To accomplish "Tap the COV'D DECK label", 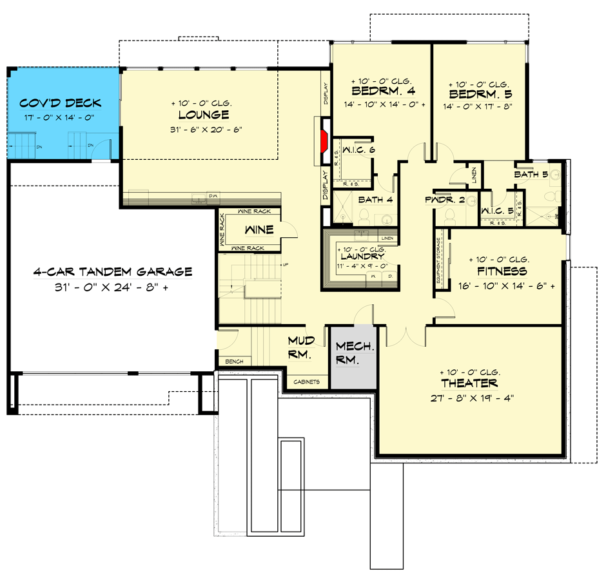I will tap(60, 103).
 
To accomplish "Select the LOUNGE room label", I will tap(204, 115).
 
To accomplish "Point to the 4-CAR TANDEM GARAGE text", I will tap(113, 272).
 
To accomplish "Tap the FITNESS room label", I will tap(502, 271).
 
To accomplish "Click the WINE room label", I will tap(259, 229).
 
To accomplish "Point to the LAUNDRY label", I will tap(362, 256).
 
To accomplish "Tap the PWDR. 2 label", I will tap(445, 200).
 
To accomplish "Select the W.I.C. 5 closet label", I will tap(497, 209).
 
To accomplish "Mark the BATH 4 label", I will tap(375, 200).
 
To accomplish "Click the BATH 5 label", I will tap(531, 175).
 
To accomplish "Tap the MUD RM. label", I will tap(300, 347).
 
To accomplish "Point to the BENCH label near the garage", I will tap(234, 362).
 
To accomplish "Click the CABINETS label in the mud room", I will tap(307, 382).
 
